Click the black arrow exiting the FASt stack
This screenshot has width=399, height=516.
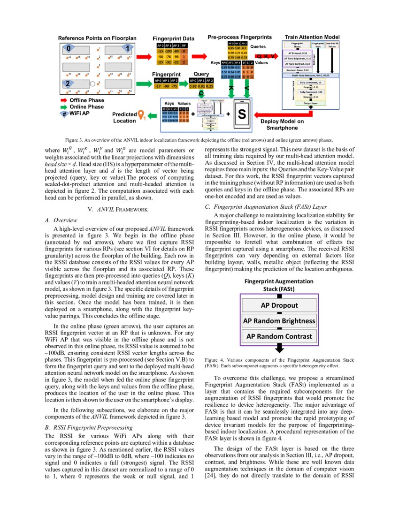pyautogui.click(x=279, y=348)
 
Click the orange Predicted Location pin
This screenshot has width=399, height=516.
pyautogui.click(x=140, y=115)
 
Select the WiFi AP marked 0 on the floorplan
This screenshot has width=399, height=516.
pyautogui.click(x=69, y=48)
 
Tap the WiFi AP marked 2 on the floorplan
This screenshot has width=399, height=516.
pyautogui.click(x=69, y=84)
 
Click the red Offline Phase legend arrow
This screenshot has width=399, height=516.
pyautogui.click(x=63, y=100)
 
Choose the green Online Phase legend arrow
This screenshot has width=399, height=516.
pyautogui.click(x=63, y=107)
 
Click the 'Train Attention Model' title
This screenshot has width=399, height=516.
pyautogui.click(x=312, y=37)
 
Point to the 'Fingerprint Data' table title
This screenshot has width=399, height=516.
pyautogui.click(x=174, y=38)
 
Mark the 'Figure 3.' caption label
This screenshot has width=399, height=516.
pyautogui.click(x=74, y=140)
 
